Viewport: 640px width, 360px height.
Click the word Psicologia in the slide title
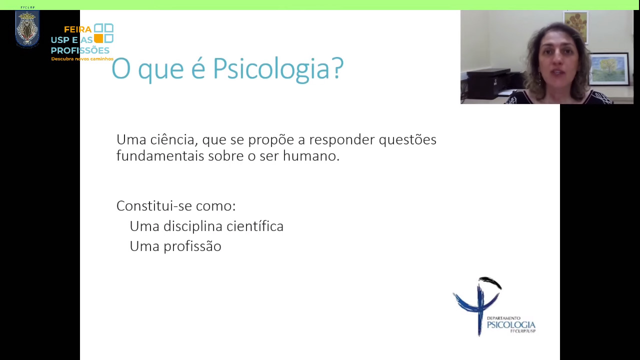coord(270,69)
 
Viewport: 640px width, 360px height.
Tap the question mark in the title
coord(337,67)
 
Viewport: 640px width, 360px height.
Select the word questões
coord(407,140)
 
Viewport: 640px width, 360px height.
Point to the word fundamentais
coord(160,156)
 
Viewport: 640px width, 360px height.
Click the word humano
coord(311,156)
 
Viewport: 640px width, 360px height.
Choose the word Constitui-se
coord(154,205)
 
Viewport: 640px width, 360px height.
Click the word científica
coord(255,226)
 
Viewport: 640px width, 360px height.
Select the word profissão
coord(192,246)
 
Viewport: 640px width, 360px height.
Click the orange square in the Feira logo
coord(98,38)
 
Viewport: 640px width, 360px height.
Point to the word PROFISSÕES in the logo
coord(80,50)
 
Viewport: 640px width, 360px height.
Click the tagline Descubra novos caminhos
coord(82,59)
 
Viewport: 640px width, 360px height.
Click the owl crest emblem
coord(27,28)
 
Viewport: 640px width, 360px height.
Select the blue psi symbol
coord(477,305)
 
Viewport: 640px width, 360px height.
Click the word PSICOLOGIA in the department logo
coord(511,325)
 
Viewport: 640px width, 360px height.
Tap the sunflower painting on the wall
coord(575,26)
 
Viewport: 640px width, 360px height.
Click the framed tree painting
coord(609,69)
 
